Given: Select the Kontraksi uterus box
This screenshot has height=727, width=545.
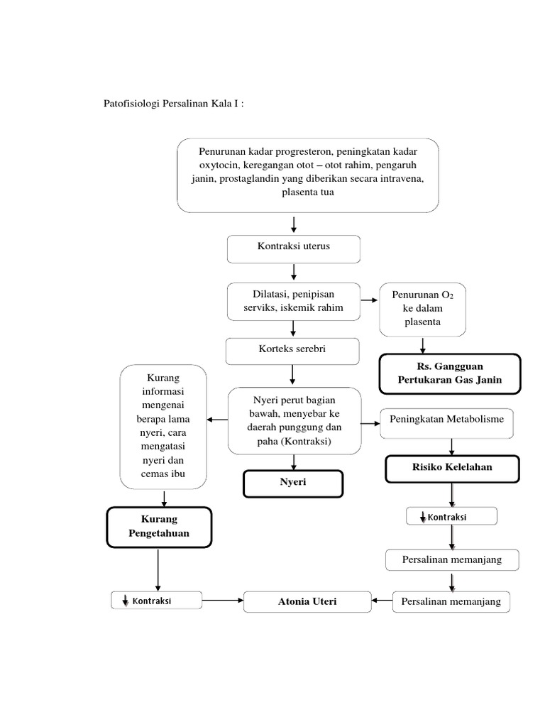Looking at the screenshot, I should [x=294, y=248].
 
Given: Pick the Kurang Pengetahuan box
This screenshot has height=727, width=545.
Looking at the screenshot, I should [x=159, y=527].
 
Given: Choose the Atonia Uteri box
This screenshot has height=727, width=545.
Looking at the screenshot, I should [x=307, y=601].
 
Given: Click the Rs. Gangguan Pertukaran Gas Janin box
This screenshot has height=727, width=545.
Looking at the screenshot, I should [x=449, y=373].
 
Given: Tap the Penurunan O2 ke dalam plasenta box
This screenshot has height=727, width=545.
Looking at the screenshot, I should [x=423, y=309].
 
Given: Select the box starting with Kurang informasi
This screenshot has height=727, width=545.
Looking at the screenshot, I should [x=164, y=426].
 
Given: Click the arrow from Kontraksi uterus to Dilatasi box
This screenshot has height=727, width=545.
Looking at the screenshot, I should [x=294, y=272].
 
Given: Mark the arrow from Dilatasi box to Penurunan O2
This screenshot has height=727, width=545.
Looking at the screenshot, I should [x=369, y=301].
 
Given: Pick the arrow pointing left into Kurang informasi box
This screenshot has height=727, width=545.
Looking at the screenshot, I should [x=217, y=420].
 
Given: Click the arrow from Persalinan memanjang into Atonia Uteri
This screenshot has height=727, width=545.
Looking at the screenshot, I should [x=382, y=601].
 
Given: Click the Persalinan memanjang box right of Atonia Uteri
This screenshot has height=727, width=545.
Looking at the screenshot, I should [x=451, y=601].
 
